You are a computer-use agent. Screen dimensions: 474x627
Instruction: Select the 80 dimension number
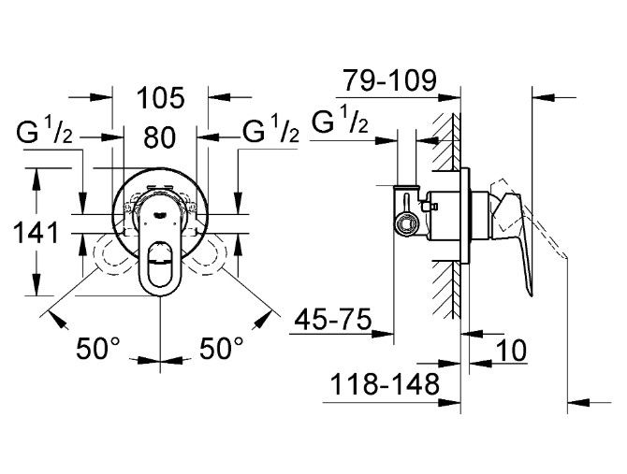pos(160,137)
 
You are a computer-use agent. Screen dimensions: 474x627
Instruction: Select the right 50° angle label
pos(222,351)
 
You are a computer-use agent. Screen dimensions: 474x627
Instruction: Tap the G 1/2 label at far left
pos(46,134)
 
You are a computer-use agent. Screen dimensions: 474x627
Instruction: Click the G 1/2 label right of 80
pos(271,134)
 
